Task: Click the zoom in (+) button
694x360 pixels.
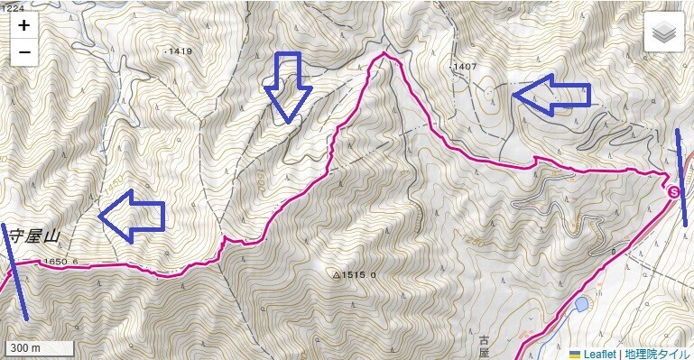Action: point(24,26)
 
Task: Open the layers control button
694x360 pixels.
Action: point(664,33)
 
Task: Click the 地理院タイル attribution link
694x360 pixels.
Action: point(656,353)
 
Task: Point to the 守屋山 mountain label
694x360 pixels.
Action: point(32,237)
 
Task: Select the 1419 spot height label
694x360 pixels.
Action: point(180,51)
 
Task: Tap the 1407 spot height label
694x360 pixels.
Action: point(465,66)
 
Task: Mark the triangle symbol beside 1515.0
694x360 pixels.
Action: point(337,274)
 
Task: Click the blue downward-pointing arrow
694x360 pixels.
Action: point(288,87)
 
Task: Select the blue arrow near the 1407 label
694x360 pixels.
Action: point(551,94)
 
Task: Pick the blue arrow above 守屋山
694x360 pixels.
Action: point(132,216)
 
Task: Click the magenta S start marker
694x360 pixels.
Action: point(672,191)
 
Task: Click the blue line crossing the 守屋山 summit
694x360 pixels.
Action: point(15,271)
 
